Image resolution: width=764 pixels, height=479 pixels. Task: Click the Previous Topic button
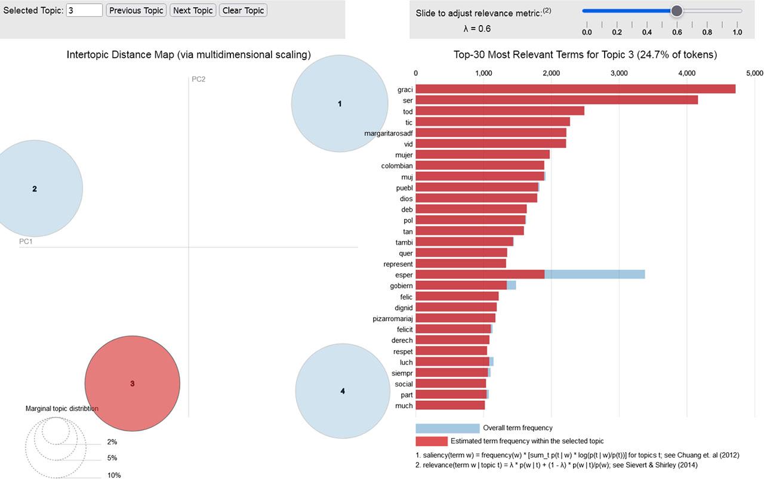click(x=136, y=11)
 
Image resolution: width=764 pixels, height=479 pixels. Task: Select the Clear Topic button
click(x=243, y=11)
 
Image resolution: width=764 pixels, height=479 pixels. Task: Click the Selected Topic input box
click(x=84, y=11)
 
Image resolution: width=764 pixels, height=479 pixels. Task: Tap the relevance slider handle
click(x=676, y=11)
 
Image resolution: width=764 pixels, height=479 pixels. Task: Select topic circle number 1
click(x=340, y=104)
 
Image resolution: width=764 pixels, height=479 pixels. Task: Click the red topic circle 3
click(x=133, y=384)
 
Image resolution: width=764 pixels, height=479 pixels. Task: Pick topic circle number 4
click(x=342, y=391)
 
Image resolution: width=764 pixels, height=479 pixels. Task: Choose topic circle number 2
click(x=35, y=188)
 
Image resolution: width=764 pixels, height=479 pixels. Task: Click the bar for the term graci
click(x=575, y=89)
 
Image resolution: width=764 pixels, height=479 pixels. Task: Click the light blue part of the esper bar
click(x=594, y=274)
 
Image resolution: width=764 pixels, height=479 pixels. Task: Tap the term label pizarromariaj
click(x=393, y=318)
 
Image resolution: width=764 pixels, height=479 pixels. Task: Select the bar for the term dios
click(x=476, y=198)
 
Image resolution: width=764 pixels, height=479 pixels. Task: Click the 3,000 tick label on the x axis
click(x=619, y=73)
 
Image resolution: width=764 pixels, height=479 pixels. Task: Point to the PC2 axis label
click(x=199, y=79)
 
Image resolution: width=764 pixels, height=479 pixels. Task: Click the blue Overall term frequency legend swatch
click(x=448, y=428)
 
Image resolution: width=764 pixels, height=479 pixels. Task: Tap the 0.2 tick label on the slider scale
click(x=617, y=32)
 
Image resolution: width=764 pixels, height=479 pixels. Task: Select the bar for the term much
click(x=450, y=406)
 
